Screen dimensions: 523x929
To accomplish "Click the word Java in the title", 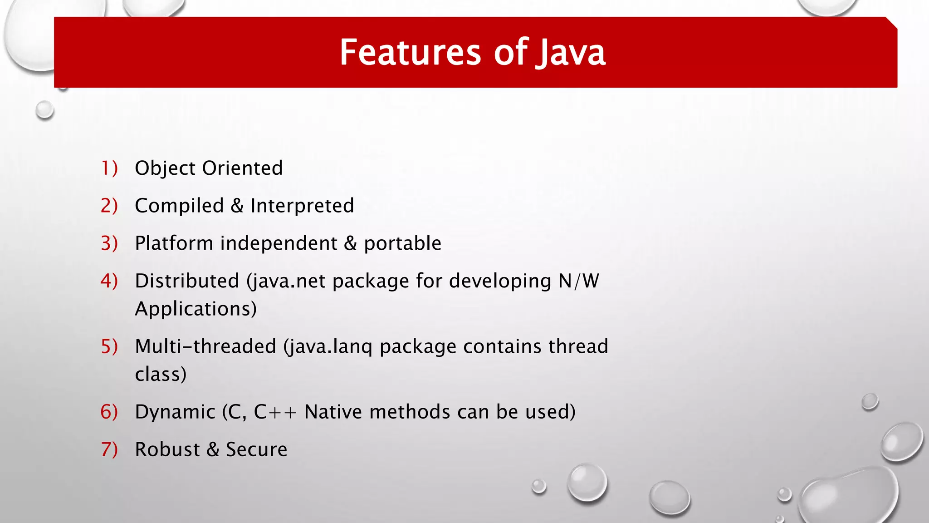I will [571, 53].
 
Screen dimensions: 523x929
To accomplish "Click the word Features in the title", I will [410, 53].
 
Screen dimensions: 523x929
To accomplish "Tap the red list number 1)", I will [109, 168].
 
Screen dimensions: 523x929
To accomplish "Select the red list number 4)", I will [109, 281].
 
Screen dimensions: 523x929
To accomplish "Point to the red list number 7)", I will [109, 449].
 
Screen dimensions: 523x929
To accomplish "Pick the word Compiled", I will [179, 206].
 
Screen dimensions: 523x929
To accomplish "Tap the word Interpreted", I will [302, 206].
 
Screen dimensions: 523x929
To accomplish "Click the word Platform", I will [174, 243].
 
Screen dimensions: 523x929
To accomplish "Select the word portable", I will [402, 244].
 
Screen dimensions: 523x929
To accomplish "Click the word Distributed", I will [187, 281].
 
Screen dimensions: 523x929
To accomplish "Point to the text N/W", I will [578, 281].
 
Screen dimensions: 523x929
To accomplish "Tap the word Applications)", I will [196, 309].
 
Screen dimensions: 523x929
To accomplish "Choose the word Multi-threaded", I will [205, 346].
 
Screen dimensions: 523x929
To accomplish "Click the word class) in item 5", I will [161, 375].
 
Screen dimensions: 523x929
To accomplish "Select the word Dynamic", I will [175, 412].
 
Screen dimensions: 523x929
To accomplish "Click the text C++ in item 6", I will [275, 412].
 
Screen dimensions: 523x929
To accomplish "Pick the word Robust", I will [167, 449].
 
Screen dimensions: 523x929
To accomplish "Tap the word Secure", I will [256, 449].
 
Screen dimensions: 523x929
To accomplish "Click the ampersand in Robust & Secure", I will [213, 449].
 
